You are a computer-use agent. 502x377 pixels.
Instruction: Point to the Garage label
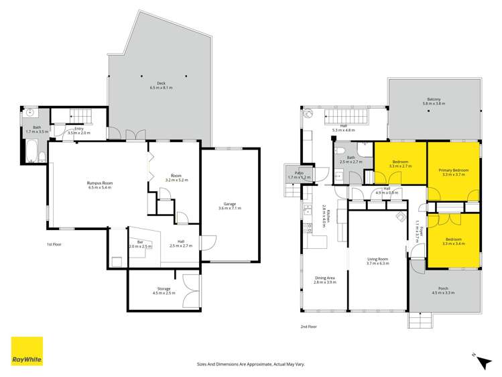[229, 204]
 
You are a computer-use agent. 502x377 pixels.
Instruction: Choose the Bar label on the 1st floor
[141, 243]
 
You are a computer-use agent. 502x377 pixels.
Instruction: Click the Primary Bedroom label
[453, 170]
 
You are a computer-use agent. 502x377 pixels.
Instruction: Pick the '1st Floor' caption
[54, 244]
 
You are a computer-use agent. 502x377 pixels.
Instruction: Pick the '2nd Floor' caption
[309, 327]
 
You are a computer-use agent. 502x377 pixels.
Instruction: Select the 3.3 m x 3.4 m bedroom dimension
[453, 244]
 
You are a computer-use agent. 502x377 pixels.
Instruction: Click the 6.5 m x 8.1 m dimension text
[162, 88]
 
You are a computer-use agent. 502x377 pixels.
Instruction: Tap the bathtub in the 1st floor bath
[32, 157]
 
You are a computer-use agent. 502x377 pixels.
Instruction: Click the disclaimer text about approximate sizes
[250, 364]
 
